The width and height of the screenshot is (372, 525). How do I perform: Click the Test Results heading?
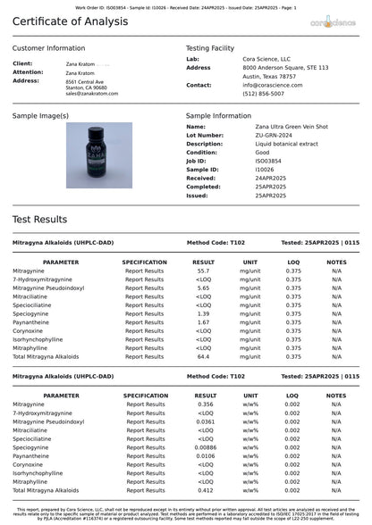click(x=39, y=219)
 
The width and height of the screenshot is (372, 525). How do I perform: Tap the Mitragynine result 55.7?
click(x=204, y=271)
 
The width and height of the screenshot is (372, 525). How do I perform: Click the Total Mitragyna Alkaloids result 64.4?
click(x=204, y=356)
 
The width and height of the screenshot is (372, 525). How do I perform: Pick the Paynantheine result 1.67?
click(x=204, y=322)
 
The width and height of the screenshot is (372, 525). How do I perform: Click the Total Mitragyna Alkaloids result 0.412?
click(x=205, y=490)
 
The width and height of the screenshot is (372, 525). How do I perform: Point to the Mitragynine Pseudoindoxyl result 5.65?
click(x=204, y=287)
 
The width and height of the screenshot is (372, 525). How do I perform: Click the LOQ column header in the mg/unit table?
click(x=293, y=262)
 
